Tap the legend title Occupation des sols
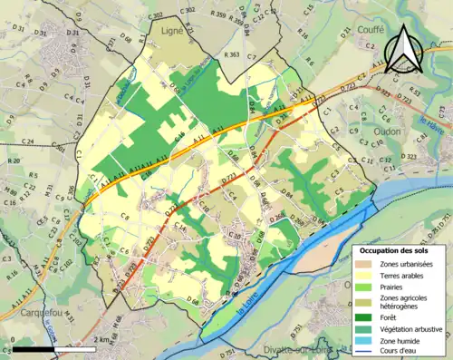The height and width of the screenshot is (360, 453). tap(397, 250)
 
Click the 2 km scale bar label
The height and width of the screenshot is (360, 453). tap(101, 338)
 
